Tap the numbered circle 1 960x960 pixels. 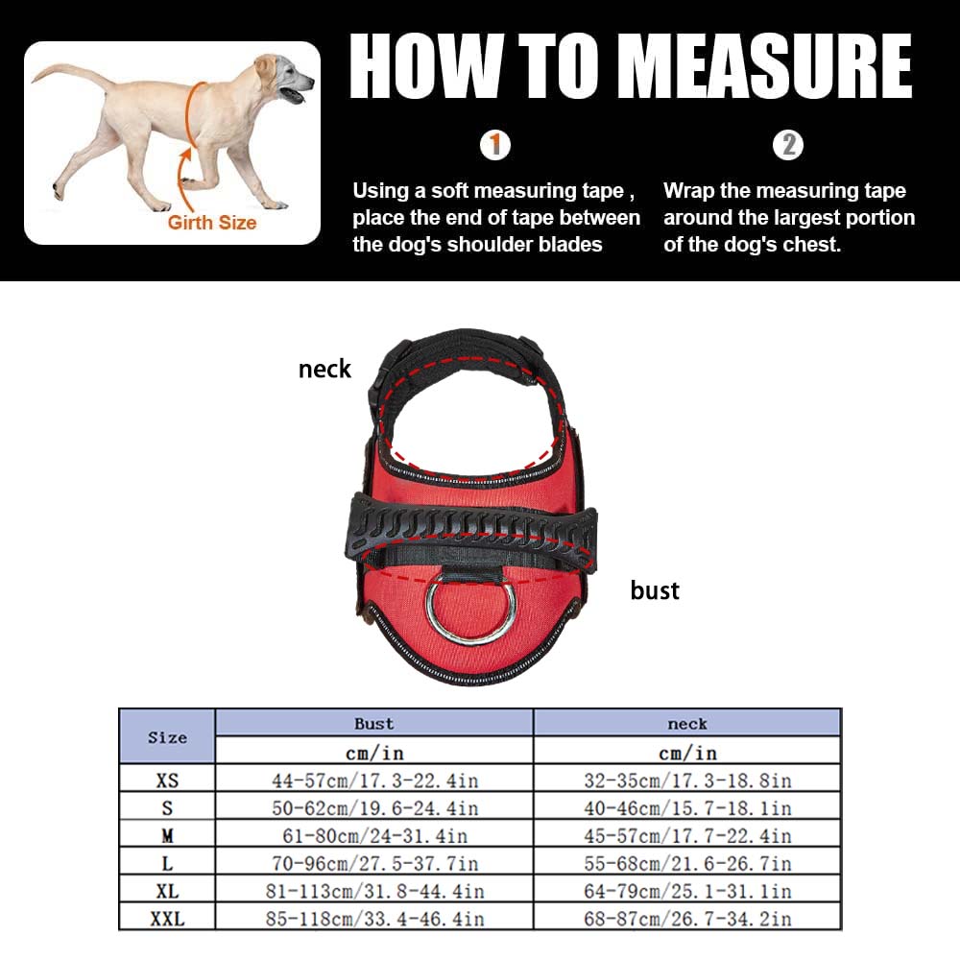point(495,146)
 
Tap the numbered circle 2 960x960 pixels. point(788,146)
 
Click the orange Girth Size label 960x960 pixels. point(212,223)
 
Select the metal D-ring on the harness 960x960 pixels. point(471,611)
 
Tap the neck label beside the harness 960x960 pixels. point(324,369)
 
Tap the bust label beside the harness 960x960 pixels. point(655,590)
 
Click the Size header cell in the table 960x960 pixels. point(167,737)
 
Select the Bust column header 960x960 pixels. point(374,724)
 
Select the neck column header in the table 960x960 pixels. point(687,724)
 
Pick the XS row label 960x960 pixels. point(167,780)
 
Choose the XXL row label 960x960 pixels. point(167,919)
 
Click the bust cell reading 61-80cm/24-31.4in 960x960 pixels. point(374,836)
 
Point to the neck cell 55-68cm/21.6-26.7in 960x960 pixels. point(687,864)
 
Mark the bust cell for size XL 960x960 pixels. point(374,892)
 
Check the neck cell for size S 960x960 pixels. point(687,808)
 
